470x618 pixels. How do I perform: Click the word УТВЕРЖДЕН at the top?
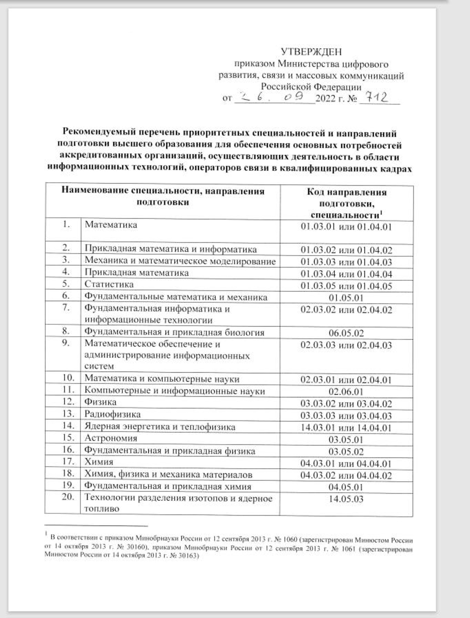pyautogui.click(x=311, y=52)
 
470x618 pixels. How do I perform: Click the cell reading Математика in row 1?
pyautogui.click(x=111, y=225)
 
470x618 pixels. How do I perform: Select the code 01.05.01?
pyautogui.click(x=346, y=298)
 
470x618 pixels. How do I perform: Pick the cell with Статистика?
pyautogui.click(x=109, y=284)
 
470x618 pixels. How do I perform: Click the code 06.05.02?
pyautogui.click(x=346, y=333)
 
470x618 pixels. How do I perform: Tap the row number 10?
pyautogui.click(x=68, y=378)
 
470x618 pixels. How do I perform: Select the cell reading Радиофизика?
pyautogui.click(x=112, y=414)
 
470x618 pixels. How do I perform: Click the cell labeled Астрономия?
pyautogui.click(x=111, y=438)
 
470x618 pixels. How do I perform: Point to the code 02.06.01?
pyautogui.click(x=346, y=392)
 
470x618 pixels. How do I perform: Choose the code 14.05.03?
pyautogui.click(x=346, y=499)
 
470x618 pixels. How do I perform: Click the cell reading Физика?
pyautogui.click(x=100, y=402)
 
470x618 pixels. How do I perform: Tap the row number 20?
pyautogui.click(x=68, y=497)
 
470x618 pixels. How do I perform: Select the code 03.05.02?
pyautogui.click(x=346, y=452)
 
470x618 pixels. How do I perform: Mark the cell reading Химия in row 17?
pyautogui.click(x=99, y=462)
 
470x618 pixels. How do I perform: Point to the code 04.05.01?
pyautogui.click(x=346, y=487)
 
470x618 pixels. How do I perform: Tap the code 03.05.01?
pyautogui.click(x=346, y=440)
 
